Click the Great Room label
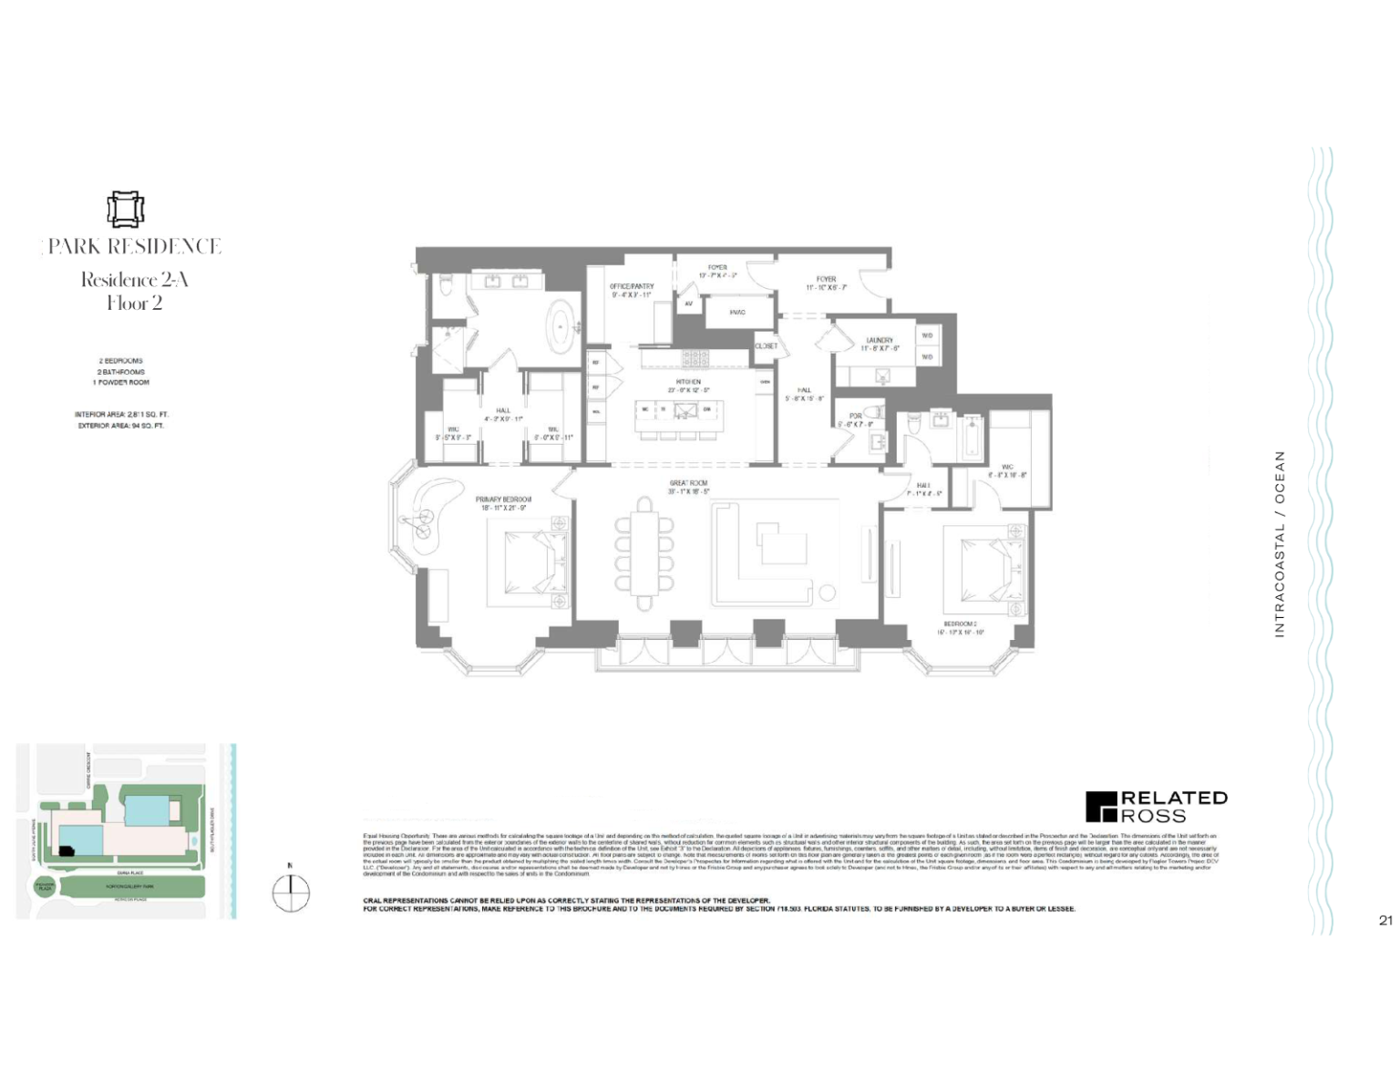pyautogui.click(x=688, y=484)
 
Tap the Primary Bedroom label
pyautogui.click(x=503, y=500)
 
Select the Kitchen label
pyautogui.click(x=688, y=382)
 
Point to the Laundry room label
pyautogui.click(x=880, y=340)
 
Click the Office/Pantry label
pyautogui.click(x=632, y=287)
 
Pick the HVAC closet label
pyautogui.click(x=737, y=313)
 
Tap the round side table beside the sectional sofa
pyautogui.click(x=827, y=593)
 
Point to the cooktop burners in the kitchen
pyautogui.click(x=695, y=358)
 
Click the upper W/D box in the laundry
pyautogui.click(x=927, y=335)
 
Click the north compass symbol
pyautogui.click(x=291, y=893)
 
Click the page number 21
pyautogui.click(x=1385, y=921)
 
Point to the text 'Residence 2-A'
pyautogui.click(x=134, y=280)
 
